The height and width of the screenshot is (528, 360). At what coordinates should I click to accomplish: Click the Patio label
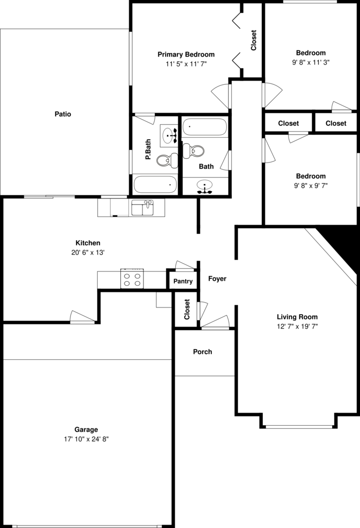click(x=63, y=114)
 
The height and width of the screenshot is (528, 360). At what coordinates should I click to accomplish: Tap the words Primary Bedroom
click(x=186, y=54)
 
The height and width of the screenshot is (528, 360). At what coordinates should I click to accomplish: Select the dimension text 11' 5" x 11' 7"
click(x=186, y=64)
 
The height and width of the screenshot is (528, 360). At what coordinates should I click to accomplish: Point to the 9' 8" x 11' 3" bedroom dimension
click(x=311, y=62)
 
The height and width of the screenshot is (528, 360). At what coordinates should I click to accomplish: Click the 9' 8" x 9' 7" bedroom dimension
click(x=310, y=186)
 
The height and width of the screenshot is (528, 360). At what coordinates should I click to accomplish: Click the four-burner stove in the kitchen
click(x=132, y=279)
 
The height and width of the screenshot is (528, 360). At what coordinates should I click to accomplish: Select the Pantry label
click(x=183, y=281)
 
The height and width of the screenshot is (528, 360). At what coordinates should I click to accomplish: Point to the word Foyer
click(x=217, y=279)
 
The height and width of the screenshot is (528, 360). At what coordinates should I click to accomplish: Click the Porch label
click(x=203, y=352)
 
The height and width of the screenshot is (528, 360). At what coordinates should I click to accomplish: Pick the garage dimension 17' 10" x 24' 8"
click(x=86, y=439)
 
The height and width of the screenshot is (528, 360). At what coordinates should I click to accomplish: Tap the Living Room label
click(x=297, y=317)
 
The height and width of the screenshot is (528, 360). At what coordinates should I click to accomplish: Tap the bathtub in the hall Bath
click(x=205, y=127)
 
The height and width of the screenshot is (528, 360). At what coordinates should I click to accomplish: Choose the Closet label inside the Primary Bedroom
click(x=254, y=40)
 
